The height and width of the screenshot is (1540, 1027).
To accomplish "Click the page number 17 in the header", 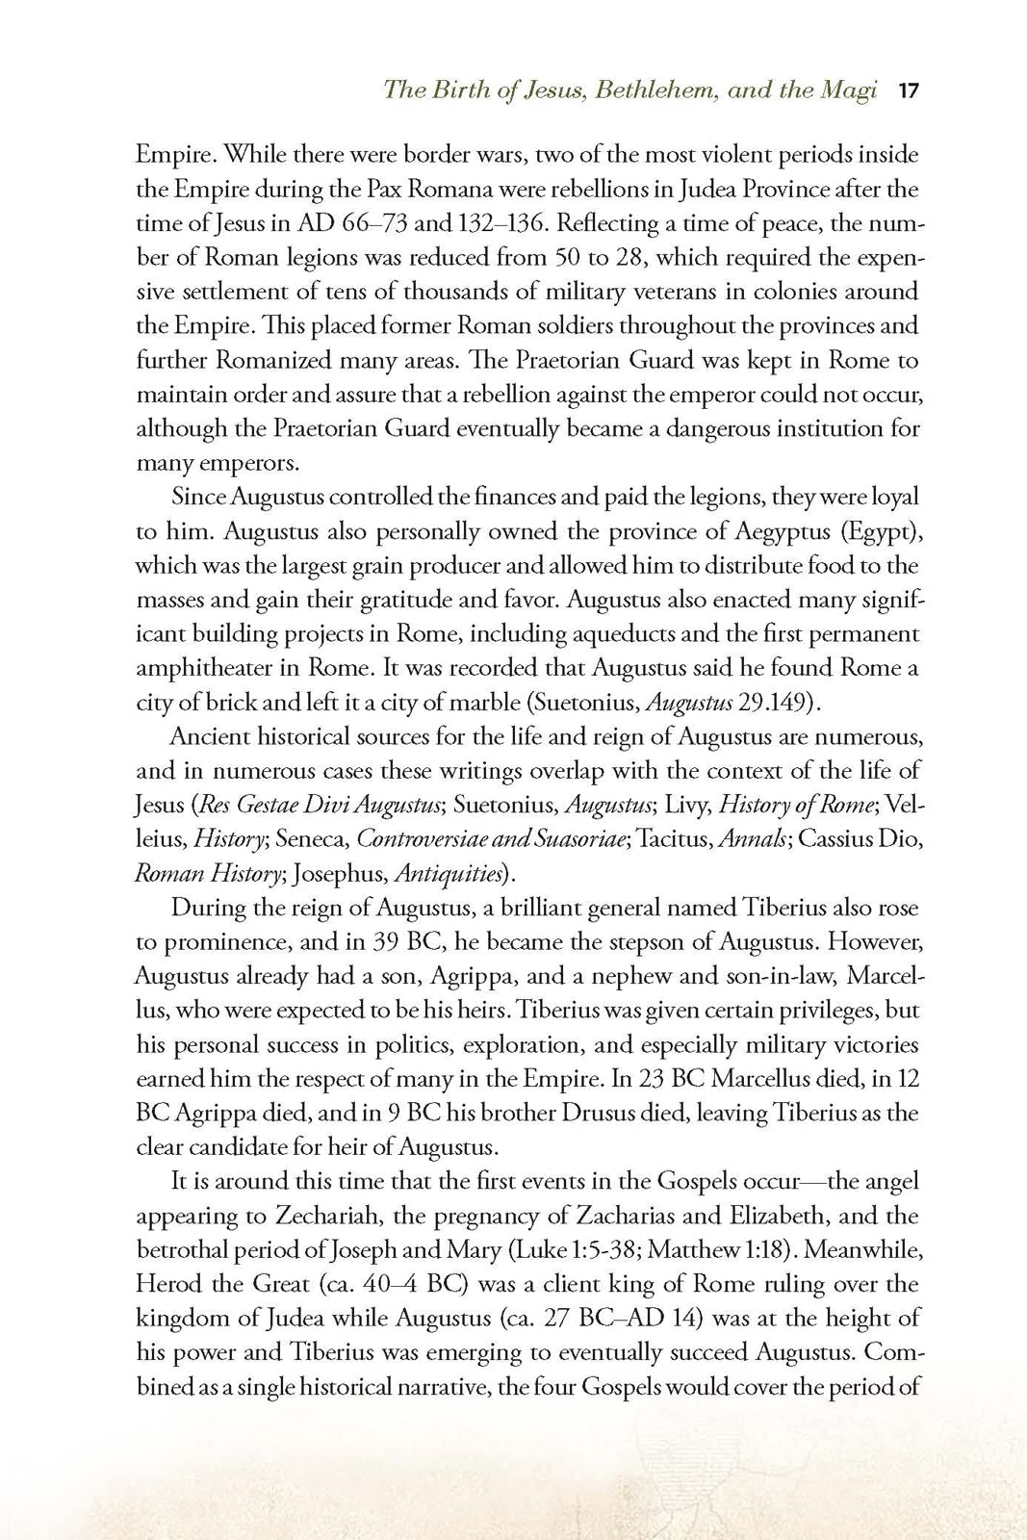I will click(909, 91).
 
